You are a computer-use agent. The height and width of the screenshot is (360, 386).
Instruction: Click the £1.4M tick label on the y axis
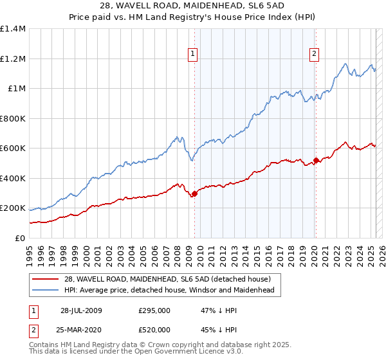pos(12,29)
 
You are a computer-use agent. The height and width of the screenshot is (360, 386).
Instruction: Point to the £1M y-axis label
pos(17,89)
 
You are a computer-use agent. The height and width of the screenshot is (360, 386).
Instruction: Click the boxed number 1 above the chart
pos(194,54)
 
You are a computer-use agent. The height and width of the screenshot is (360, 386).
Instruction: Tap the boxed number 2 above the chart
pos(315,54)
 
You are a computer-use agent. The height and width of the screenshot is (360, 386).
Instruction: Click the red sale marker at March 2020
pos(316,161)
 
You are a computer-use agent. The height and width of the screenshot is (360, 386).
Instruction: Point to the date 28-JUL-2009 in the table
pos(81,310)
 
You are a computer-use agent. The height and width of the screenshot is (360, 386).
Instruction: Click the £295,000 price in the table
pos(154,310)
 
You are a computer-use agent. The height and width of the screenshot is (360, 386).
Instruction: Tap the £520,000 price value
pos(154,330)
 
